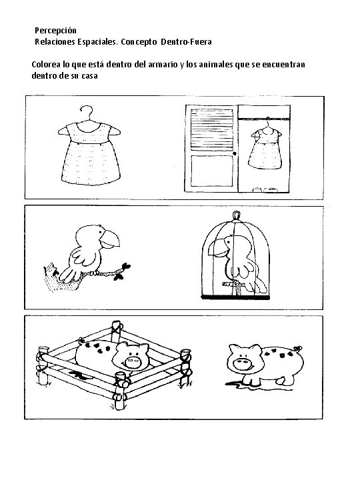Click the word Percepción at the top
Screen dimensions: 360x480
55,31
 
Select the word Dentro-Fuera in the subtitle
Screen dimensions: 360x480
186,41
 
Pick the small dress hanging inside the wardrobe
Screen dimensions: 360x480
265,147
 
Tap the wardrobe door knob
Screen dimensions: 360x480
235,153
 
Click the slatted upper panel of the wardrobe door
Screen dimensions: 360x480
212,129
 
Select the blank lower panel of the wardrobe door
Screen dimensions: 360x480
212,171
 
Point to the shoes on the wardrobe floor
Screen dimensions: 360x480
265,189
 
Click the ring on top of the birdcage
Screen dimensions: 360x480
236,215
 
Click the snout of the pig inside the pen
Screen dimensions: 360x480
133,361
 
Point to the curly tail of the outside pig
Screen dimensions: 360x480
297,349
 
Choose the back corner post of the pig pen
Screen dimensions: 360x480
117,331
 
